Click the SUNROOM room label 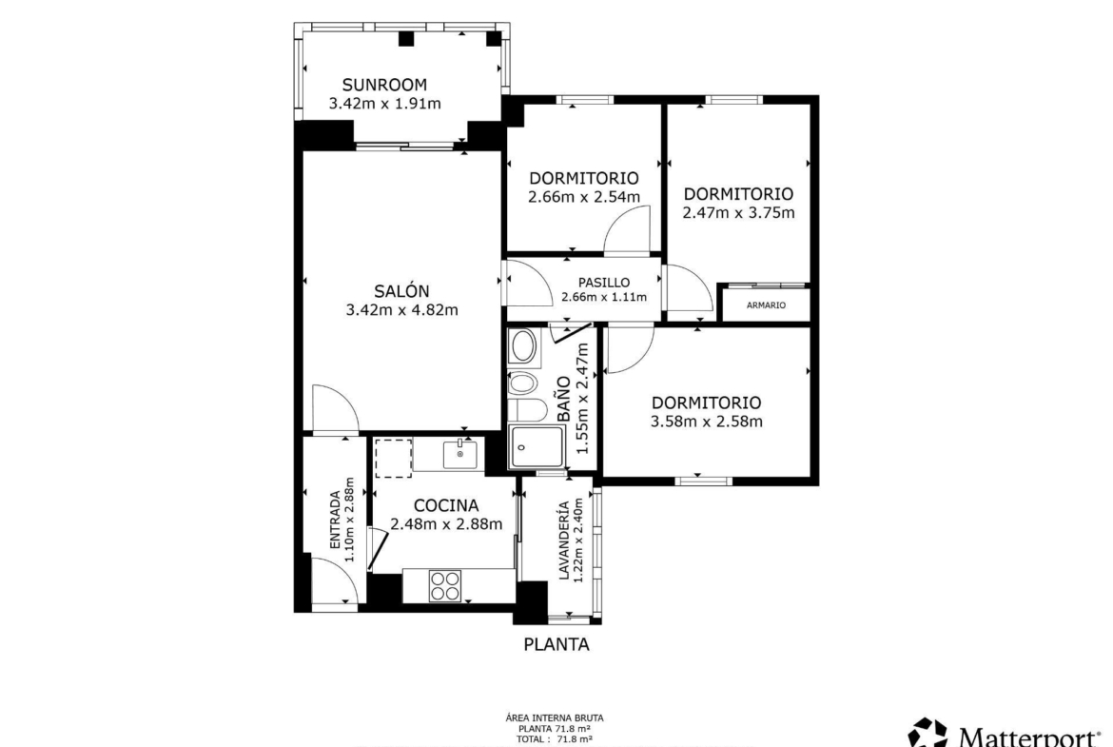tap(384, 86)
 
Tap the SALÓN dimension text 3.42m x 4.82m tap(401, 310)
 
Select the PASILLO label tap(603, 283)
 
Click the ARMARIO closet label tap(766, 305)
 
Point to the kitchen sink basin tap(459, 454)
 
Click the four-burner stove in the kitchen tap(445, 586)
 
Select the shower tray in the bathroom tap(537, 447)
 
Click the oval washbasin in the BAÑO tap(524, 347)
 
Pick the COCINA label tap(446, 505)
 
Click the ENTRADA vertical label tap(335, 520)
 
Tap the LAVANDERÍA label tap(563, 541)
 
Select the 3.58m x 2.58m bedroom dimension tap(706, 422)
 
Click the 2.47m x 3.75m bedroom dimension tap(738, 213)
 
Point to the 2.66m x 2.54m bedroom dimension tap(583, 197)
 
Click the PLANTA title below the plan tap(556, 645)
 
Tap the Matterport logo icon tap(927, 733)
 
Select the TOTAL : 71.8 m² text tap(555, 739)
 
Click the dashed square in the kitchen tap(393, 458)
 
